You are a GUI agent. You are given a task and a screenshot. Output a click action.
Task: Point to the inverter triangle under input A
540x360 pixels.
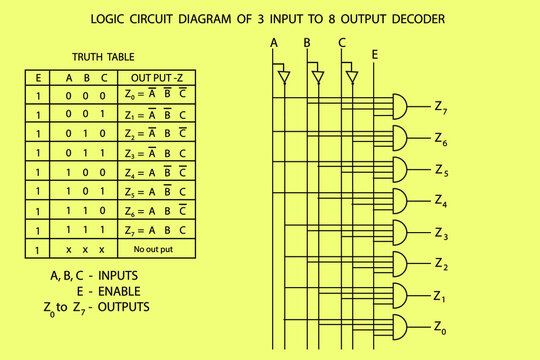pos(283,76)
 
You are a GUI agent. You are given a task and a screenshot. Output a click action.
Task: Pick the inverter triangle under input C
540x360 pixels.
pos(352,76)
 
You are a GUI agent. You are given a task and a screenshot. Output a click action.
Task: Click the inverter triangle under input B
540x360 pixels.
pos(318,76)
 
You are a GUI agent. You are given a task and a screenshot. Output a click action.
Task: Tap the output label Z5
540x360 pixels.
pos(442,170)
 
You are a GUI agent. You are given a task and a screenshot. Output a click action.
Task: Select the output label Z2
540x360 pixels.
pos(442,264)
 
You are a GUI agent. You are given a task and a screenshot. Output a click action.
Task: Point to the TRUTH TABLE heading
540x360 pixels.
pos(103,57)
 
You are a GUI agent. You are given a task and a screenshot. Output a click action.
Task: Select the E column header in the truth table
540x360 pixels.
pos(38,78)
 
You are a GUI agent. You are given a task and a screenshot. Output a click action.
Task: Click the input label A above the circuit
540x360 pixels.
pos(274,43)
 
